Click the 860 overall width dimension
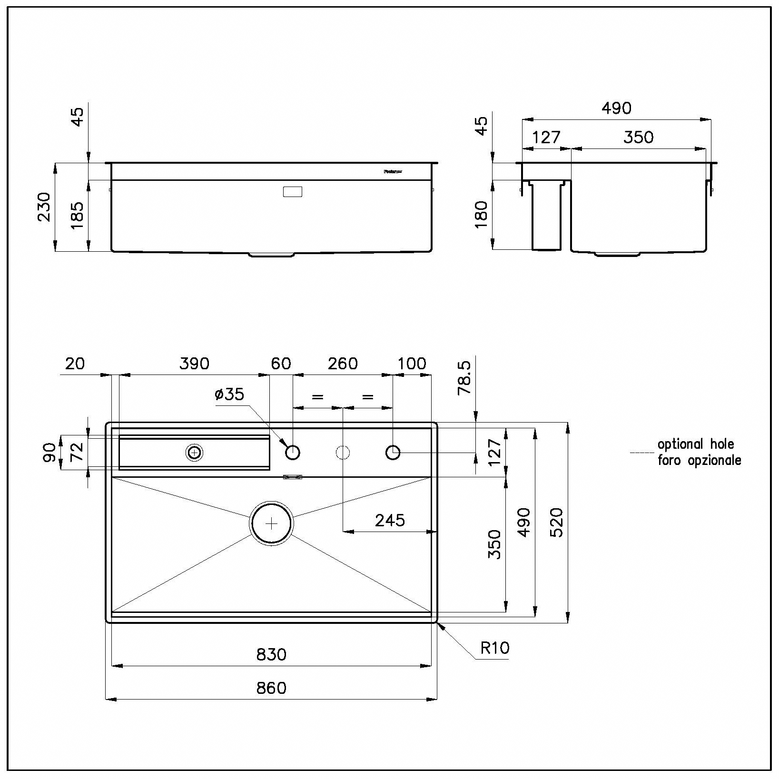pyautogui.click(x=271, y=688)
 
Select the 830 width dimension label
pyautogui.click(x=271, y=655)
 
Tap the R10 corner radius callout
pyautogui.click(x=494, y=648)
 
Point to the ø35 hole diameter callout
pyautogui.click(x=229, y=394)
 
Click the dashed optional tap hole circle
pyautogui.click(x=343, y=452)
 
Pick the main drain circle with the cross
pyautogui.click(x=271, y=523)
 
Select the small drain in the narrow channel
pyautogui.click(x=194, y=453)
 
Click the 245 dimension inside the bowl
pyautogui.click(x=390, y=521)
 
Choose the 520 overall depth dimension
pyautogui.click(x=556, y=522)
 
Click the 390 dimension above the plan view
pyautogui.click(x=194, y=364)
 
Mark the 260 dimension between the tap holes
pyautogui.click(x=343, y=364)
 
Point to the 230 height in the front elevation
pyautogui.click(x=44, y=207)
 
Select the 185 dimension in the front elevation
pyautogui.click(x=77, y=216)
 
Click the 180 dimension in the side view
pyautogui.click(x=482, y=214)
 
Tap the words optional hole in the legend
pyautogui.click(x=695, y=444)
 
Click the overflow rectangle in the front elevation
pyautogui.click(x=292, y=192)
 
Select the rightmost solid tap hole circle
pyautogui.click(x=393, y=452)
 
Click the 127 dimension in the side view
pyautogui.click(x=546, y=138)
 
